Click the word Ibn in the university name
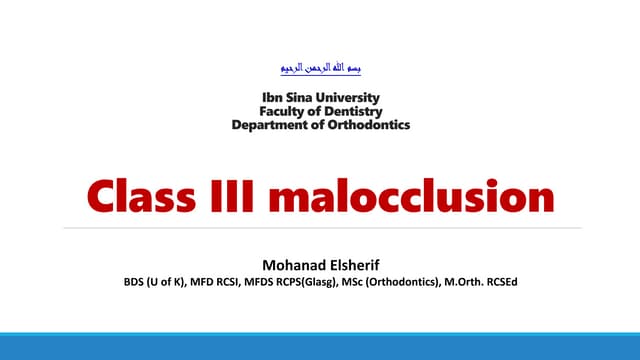click(x=271, y=98)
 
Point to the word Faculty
click(x=286, y=112)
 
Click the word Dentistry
click(x=349, y=112)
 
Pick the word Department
click(x=270, y=125)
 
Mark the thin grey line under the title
click(x=320, y=228)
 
